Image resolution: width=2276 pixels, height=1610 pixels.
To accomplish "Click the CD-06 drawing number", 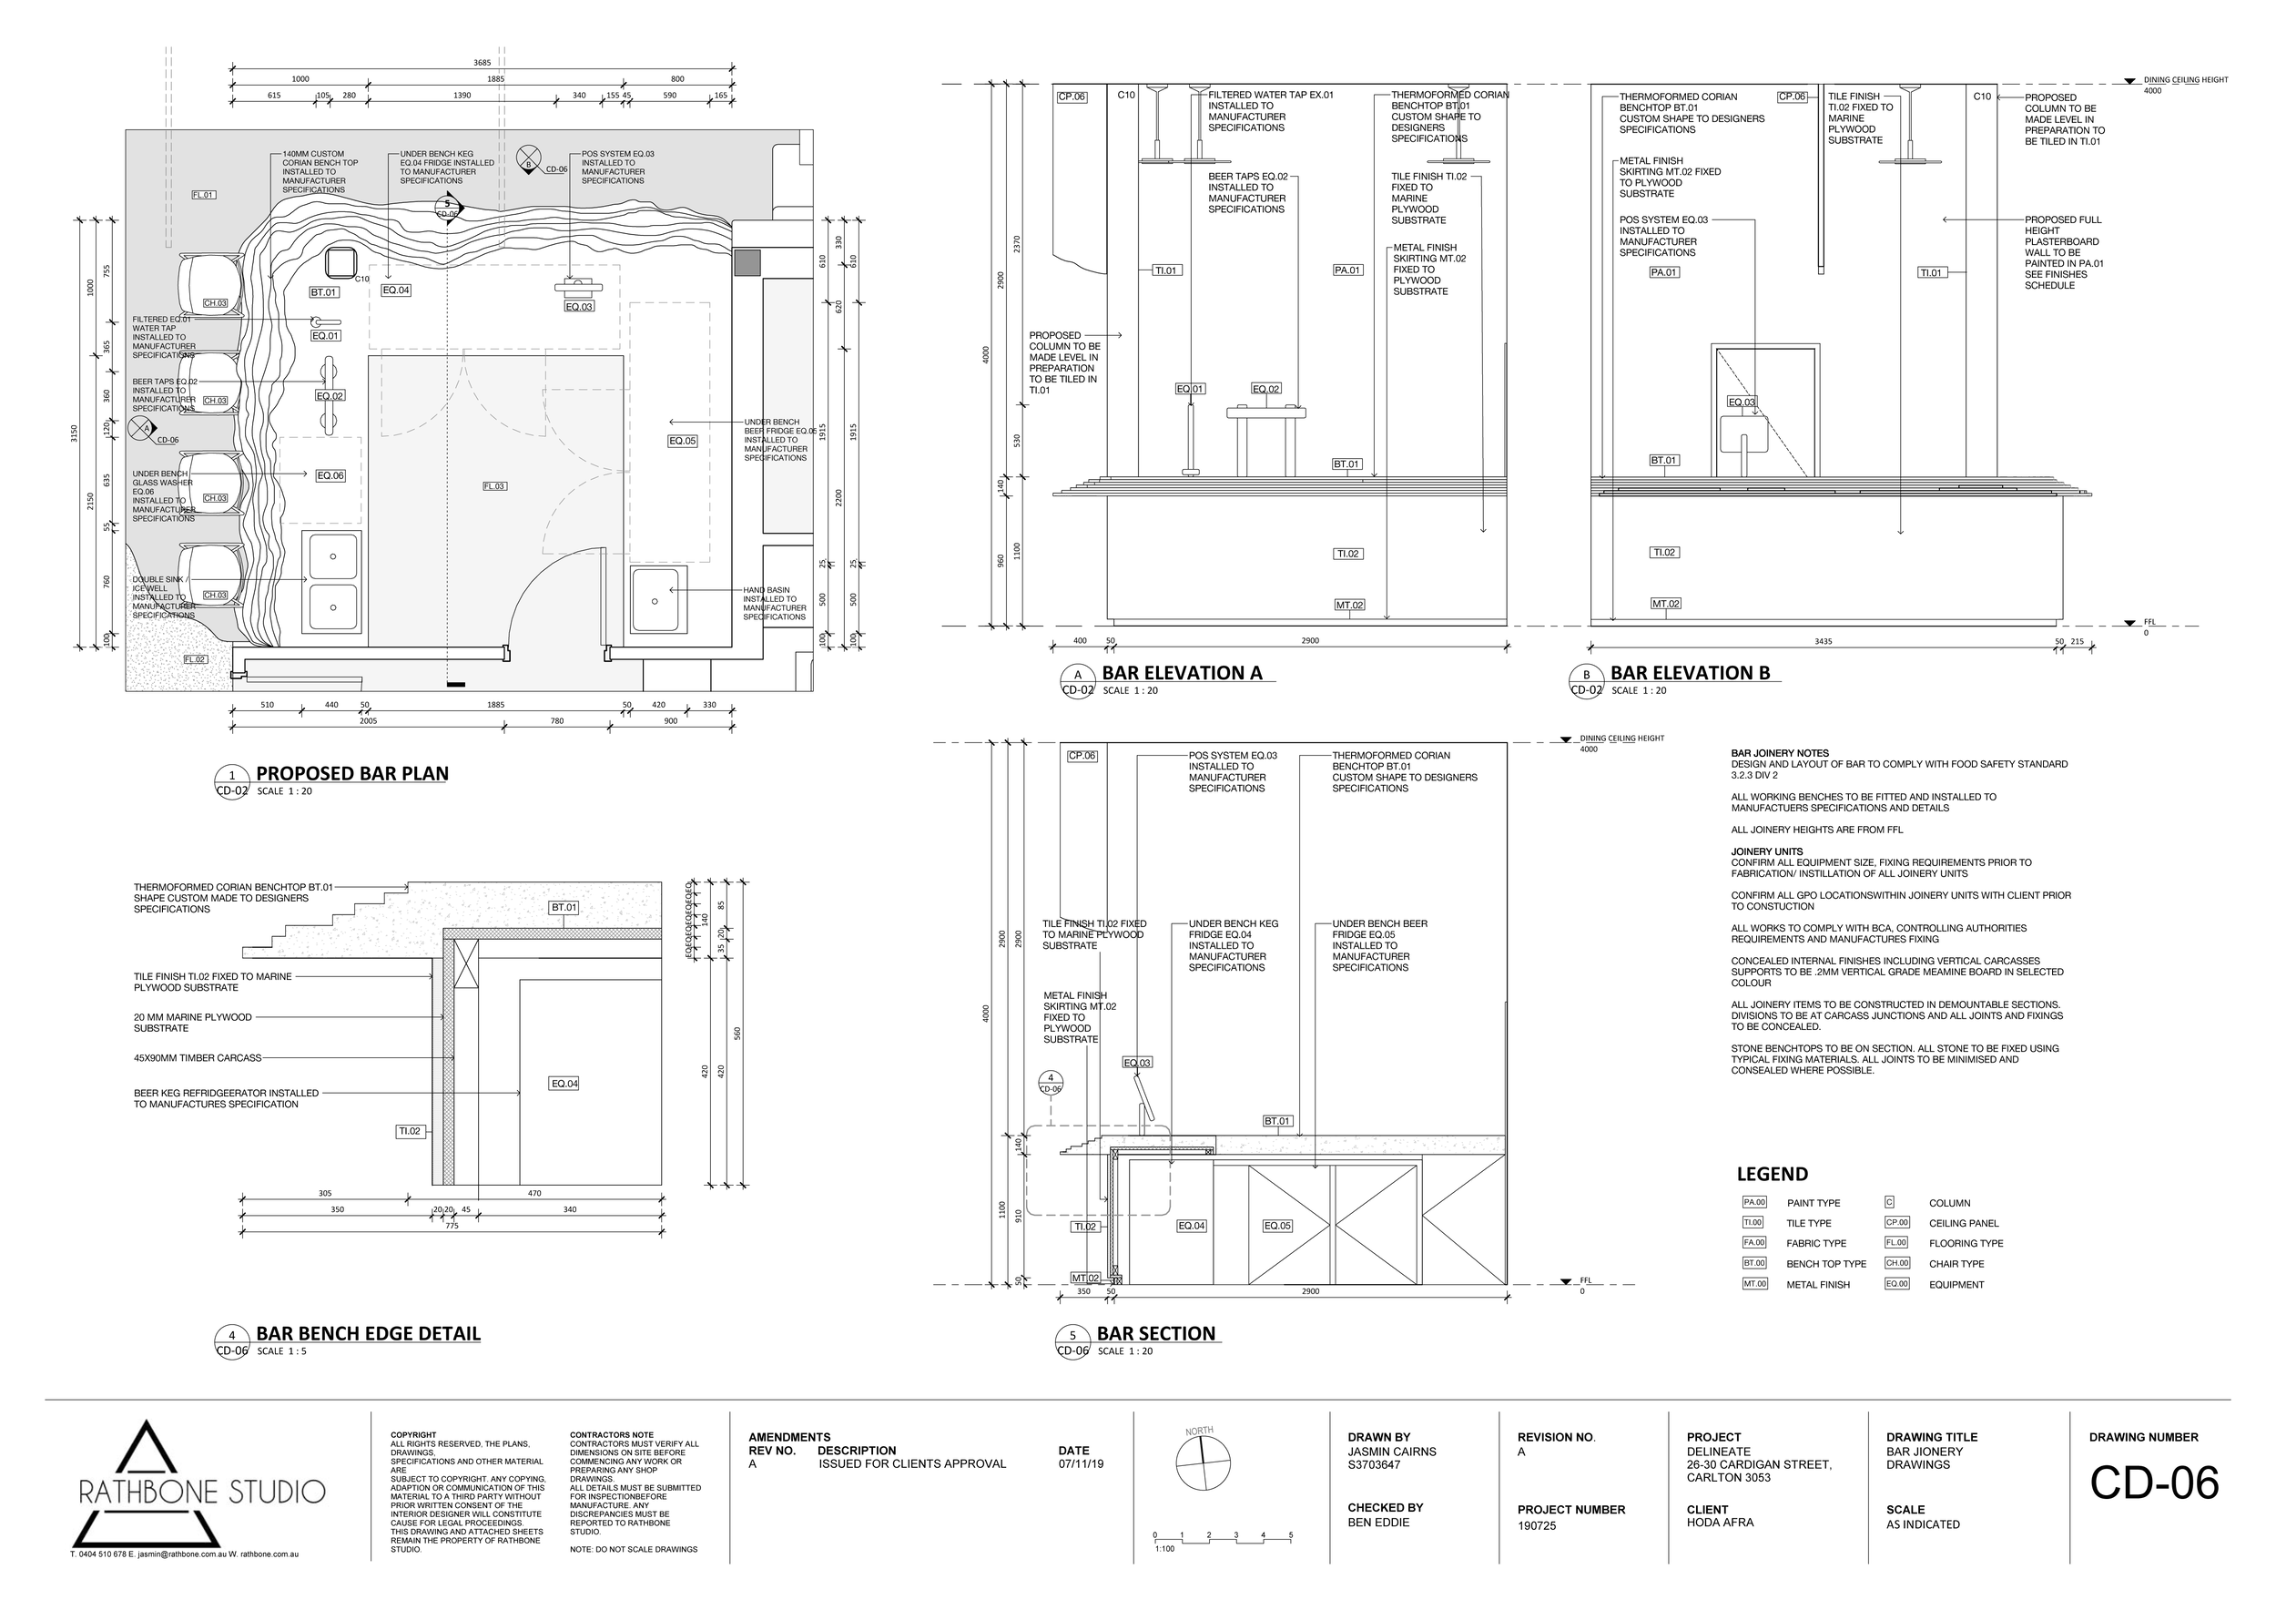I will [2153, 1483].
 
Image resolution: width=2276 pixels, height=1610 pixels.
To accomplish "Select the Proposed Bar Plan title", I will [352, 773].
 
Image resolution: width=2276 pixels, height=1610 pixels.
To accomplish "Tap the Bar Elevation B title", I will [1690, 673].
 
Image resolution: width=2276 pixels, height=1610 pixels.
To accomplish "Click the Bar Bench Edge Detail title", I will [368, 1333].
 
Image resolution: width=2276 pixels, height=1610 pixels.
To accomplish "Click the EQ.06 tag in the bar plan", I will [330, 476].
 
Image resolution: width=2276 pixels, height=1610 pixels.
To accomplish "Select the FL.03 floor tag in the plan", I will [494, 485].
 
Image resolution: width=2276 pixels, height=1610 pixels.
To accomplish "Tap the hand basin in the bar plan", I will [655, 600].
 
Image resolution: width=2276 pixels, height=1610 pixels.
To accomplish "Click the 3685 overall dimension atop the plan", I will [482, 63].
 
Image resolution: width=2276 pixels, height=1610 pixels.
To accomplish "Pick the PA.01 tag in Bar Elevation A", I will [1347, 270].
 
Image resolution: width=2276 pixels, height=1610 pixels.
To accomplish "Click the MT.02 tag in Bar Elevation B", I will [1665, 604].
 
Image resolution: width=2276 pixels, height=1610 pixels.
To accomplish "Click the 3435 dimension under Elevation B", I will [1823, 641].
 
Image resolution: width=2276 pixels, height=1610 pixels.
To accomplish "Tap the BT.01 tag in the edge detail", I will [564, 907].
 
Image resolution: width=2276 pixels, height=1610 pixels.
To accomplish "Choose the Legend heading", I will [1772, 1175].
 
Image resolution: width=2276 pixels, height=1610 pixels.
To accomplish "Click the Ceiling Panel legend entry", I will [1963, 1223].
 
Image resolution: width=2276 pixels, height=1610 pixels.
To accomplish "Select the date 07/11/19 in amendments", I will [1081, 1463].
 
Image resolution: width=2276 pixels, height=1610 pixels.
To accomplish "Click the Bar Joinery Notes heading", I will [1779, 753].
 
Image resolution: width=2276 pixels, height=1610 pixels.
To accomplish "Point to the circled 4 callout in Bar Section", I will [1050, 1082].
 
